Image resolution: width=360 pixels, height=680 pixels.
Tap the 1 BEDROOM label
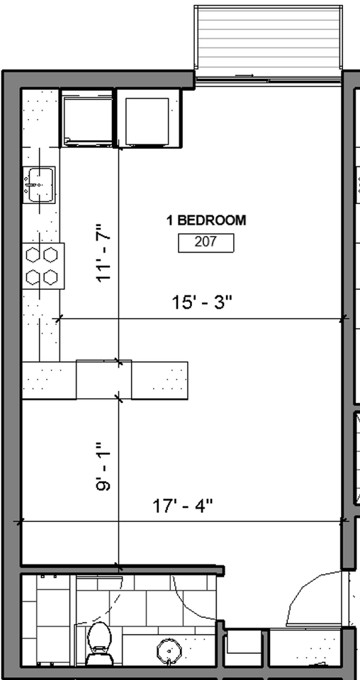tap(206, 220)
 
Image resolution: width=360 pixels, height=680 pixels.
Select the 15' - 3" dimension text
tap(203, 302)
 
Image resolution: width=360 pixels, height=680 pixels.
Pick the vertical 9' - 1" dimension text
tap(104, 468)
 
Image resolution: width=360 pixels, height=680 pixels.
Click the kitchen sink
tap(40, 185)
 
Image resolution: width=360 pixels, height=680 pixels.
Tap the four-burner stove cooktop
tap(43, 265)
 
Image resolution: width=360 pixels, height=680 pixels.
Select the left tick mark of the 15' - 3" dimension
tap(58, 319)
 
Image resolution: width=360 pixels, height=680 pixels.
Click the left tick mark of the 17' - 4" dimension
tap(19, 522)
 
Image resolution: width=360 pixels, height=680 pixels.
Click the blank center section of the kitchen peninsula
tap(103, 380)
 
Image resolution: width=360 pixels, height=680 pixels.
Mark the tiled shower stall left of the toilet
tap(46, 620)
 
